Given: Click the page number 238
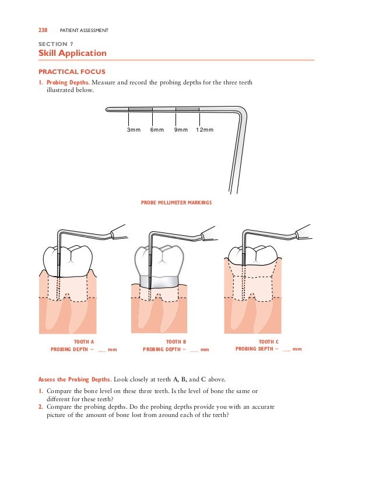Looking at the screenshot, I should point(43,30).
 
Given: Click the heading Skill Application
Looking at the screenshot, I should point(72,53).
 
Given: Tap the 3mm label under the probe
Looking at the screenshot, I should point(134,129).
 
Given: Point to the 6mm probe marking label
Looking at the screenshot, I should point(157,129).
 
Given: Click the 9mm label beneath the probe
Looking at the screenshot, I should point(181,129).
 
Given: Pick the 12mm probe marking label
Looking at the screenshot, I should point(205,129).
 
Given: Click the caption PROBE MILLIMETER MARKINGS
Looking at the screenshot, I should point(176,203).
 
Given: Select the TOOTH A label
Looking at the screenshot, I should point(84,342).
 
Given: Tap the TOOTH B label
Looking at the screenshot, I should point(176,342).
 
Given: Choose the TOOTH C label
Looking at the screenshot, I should point(268,342).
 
